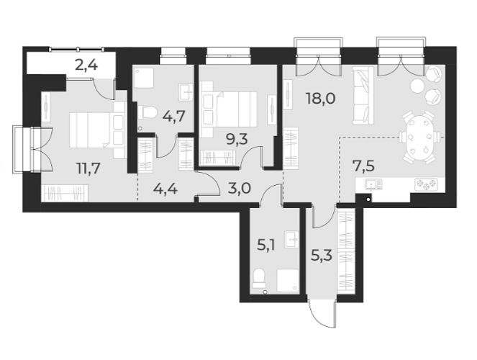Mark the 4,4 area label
166,190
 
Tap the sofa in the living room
364,95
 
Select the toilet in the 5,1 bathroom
259,277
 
